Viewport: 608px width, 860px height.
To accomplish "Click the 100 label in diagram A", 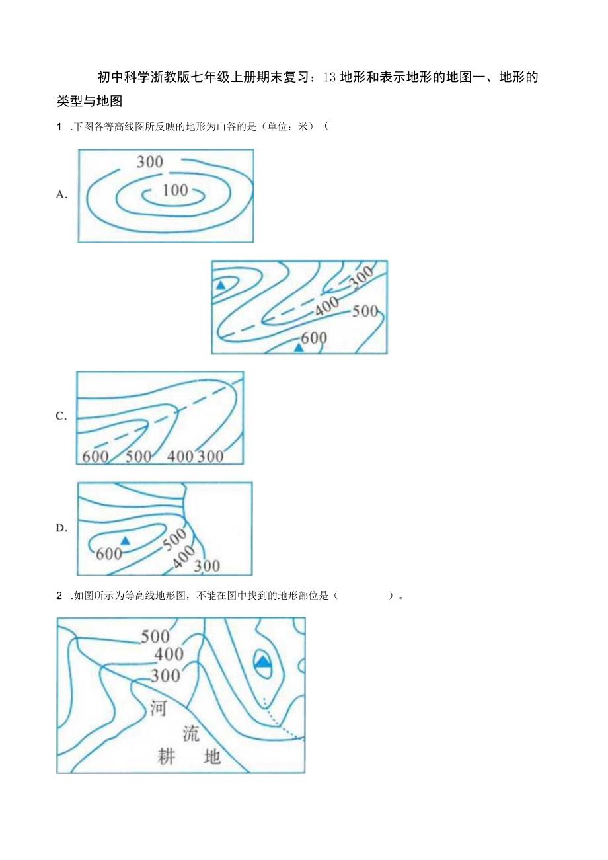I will click(175, 190).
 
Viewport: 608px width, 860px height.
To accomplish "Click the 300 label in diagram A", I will click(150, 161).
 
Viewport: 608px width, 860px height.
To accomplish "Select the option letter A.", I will click(63, 194).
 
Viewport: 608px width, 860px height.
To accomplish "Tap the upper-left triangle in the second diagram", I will click(221, 285).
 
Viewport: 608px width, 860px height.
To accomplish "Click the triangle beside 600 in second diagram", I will click(299, 346).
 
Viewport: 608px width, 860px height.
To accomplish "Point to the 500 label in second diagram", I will click(365, 311).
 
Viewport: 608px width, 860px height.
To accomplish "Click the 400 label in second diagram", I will click(326, 305).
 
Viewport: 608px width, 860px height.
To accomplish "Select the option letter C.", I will click(62, 416).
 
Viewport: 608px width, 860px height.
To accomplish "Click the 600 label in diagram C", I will click(96, 456).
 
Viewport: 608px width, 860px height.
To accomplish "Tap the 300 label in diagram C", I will click(210, 456).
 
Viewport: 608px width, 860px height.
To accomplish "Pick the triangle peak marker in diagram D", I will click(125, 541).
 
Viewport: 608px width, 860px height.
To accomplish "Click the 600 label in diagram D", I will click(109, 553).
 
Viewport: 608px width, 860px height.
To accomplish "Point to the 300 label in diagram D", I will click(207, 566).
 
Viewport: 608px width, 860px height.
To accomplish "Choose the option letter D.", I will click(62, 528).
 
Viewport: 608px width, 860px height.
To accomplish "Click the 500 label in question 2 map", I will click(156, 637).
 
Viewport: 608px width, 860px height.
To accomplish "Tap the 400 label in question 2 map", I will click(169, 655).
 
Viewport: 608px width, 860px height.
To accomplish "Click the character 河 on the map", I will click(158, 708).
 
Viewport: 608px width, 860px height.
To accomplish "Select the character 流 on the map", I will click(191, 733).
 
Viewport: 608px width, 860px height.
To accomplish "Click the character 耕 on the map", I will click(167, 756).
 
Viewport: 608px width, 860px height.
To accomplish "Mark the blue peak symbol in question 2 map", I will click(263, 662).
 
